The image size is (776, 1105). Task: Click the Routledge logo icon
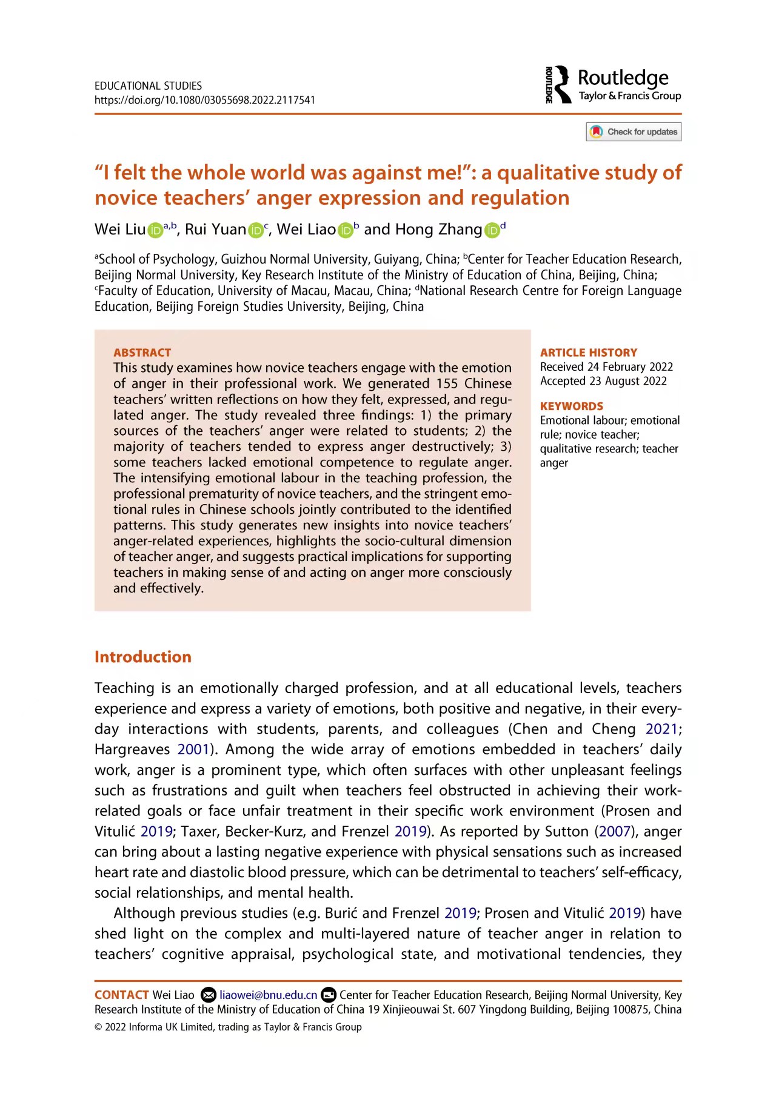coord(558,84)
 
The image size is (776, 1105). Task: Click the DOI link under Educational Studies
coord(204,100)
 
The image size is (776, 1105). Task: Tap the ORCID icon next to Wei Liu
coord(155,230)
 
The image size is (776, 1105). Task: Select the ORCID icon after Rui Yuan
coord(256,230)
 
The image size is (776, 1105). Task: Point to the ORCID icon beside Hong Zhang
coord(492,230)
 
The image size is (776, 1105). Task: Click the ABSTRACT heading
coord(142,353)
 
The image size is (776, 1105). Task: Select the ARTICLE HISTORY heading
coord(588,353)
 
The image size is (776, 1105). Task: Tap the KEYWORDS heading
coord(571,406)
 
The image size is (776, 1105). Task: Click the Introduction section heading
coord(142,657)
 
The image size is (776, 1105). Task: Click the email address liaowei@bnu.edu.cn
coord(268,995)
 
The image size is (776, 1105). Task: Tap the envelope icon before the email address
coord(208,995)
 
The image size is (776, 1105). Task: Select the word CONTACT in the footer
coord(121,995)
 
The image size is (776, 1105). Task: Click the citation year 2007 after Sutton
coord(615,831)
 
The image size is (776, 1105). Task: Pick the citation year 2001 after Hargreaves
coord(193,749)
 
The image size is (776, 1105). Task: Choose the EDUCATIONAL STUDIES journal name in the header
coord(148,86)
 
